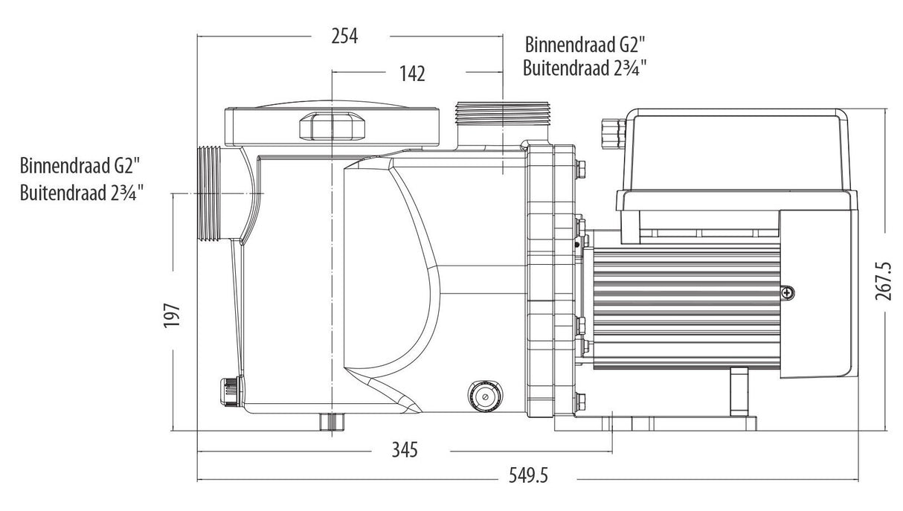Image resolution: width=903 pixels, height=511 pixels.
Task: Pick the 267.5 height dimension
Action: pos(883,281)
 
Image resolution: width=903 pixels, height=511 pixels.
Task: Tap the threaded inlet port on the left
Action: pos(212,194)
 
